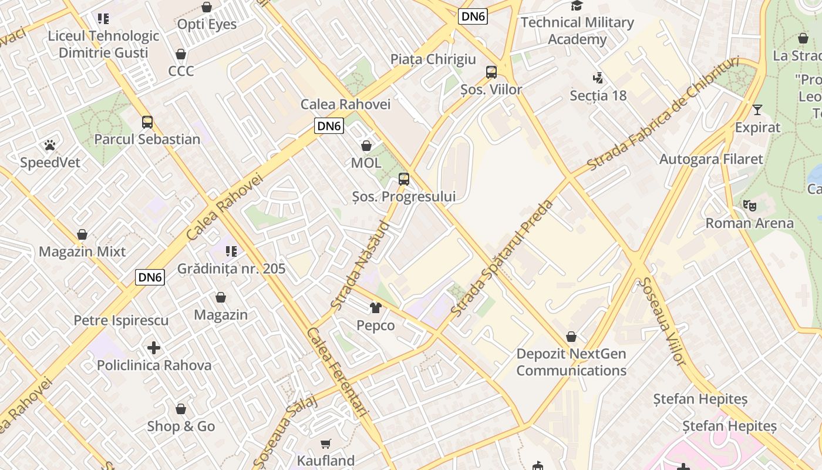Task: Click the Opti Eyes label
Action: click(207, 24)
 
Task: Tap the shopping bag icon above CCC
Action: click(181, 54)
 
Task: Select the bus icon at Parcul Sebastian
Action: click(147, 122)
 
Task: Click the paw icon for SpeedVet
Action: click(50, 145)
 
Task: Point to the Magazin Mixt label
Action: click(82, 251)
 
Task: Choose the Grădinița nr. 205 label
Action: click(231, 268)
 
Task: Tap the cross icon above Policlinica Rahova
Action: click(154, 348)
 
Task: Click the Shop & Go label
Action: click(181, 426)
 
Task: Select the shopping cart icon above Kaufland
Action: click(326, 444)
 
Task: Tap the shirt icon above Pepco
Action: click(376, 307)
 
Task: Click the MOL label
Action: click(366, 163)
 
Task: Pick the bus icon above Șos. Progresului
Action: click(404, 179)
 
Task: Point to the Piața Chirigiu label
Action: click(433, 59)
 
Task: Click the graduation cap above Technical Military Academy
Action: click(577, 6)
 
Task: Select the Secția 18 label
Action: click(598, 95)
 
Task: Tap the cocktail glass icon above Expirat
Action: click(757, 110)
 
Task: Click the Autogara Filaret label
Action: click(711, 159)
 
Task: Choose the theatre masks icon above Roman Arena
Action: click(749, 206)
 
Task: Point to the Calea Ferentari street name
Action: click(336, 372)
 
